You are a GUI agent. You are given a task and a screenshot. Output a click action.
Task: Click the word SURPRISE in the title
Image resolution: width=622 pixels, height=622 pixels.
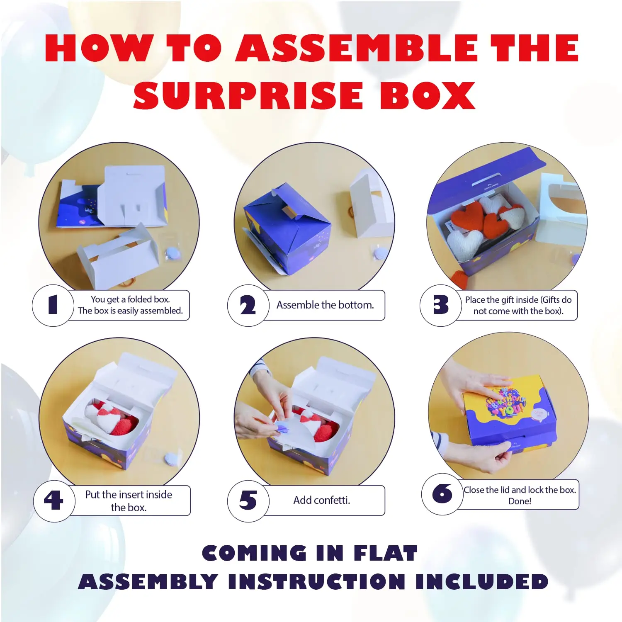[248, 95]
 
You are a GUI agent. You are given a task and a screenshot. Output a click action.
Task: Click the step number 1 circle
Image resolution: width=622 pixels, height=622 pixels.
[53, 305]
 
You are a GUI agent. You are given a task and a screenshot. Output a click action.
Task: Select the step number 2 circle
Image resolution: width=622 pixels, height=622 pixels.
[248, 306]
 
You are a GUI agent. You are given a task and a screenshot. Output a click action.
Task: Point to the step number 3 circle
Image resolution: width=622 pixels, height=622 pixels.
[440, 305]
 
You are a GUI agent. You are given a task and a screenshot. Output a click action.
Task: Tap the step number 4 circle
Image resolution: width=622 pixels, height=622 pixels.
[53, 501]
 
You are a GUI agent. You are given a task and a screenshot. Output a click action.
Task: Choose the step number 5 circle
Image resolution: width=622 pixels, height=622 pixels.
[248, 501]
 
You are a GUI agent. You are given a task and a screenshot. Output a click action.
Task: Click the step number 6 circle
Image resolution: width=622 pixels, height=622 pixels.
[442, 494]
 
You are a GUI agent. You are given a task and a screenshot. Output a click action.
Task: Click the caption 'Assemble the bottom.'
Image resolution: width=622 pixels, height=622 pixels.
[325, 305]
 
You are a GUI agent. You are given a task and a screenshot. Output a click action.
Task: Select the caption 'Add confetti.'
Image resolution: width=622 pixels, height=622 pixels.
[322, 501]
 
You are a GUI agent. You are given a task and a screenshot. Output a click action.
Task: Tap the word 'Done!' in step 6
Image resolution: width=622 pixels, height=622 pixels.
[520, 501]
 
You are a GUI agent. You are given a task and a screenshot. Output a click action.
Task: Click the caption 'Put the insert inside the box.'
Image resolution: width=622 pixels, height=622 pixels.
[129, 501]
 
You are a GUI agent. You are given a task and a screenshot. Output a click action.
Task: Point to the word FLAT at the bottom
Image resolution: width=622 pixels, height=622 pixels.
[385, 553]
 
